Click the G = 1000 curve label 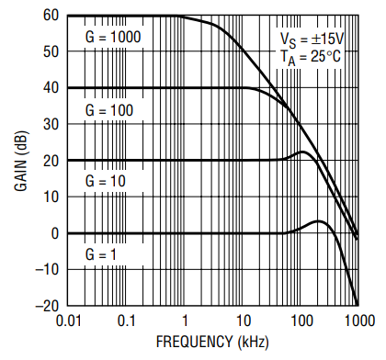tap(113, 38)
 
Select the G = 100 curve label tap(109, 110)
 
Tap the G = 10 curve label tap(106, 181)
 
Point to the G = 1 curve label tap(101, 254)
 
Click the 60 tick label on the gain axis tap(51, 16)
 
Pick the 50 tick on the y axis tap(51, 51)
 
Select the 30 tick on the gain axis tap(51, 124)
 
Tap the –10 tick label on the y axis tap(47, 270)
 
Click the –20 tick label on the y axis tap(47, 306)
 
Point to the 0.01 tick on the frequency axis tap(69, 321)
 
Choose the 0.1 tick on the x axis tap(126, 321)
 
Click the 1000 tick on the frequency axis tap(360, 321)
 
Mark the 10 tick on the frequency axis tap(244, 321)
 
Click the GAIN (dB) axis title tap(21, 161)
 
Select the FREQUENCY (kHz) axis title tap(212, 342)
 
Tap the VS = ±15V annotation tap(312, 40)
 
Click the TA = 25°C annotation tap(311, 58)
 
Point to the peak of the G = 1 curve tap(319, 220)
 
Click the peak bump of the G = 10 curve tap(302, 152)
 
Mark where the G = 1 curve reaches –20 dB tap(358, 305)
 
